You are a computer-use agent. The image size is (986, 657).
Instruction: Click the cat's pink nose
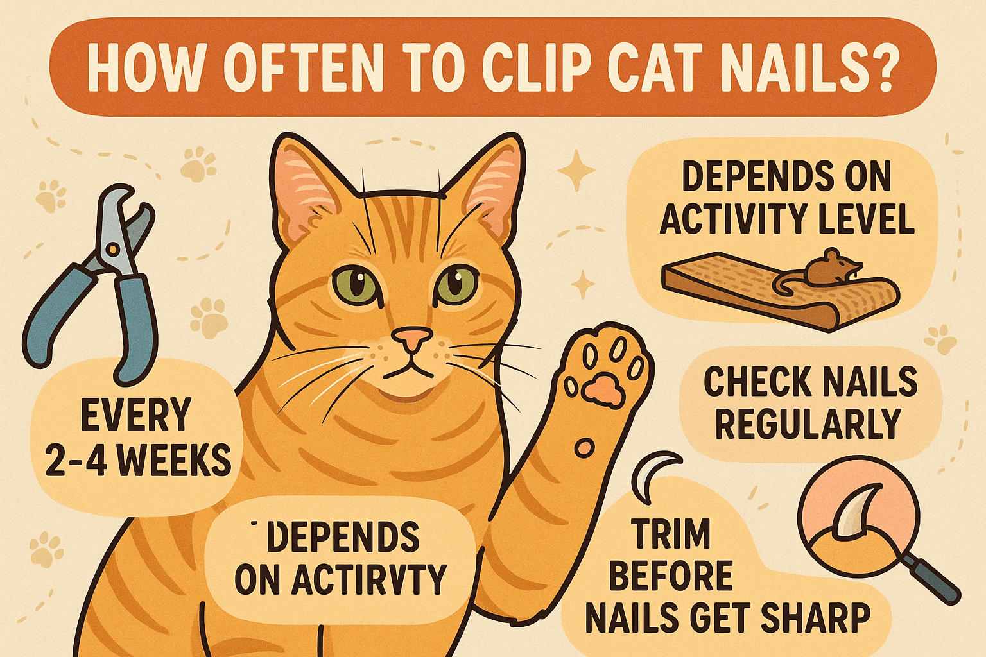[412, 338]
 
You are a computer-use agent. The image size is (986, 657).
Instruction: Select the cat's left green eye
[355, 282]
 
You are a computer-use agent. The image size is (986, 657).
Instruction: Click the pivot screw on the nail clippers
[113, 249]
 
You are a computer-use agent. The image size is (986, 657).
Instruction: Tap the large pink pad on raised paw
[602, 388]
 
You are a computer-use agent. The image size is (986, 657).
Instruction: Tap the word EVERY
[135, 416]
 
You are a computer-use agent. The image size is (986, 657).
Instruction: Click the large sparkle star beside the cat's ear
[576, 170]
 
